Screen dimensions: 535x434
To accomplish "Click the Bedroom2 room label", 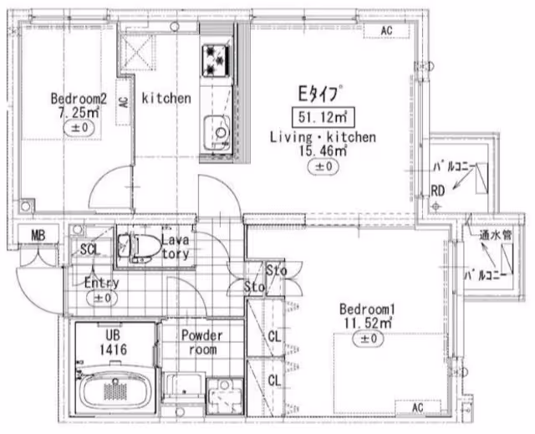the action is pos(79,99).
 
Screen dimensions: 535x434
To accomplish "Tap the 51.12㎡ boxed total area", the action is pos(323,118).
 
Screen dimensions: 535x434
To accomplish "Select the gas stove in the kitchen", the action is pos(216,60).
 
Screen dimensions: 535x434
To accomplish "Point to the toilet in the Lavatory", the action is pos(140,247).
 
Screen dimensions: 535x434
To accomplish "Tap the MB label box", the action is pos(38,235).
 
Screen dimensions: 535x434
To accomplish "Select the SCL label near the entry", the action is pos(89,250).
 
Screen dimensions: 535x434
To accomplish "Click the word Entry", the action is pos(102,283).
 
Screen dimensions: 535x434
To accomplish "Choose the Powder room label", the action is pos(202,342).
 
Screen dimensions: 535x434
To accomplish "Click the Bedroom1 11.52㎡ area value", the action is pos(368,323).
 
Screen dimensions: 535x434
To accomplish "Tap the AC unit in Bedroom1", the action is pos(418,407).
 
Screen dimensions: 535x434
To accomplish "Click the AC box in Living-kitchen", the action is pos(386,31).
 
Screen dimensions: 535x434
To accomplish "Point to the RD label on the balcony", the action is pos(438,191).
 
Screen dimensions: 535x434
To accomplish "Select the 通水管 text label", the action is pos(496,235).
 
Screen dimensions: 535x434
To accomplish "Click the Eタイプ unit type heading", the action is pos(319,94).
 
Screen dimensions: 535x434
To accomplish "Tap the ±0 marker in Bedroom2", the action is pos(79,128).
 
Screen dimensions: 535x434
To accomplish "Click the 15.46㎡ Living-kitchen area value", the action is pos(324,151).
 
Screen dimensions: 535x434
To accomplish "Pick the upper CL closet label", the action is pos(274,337).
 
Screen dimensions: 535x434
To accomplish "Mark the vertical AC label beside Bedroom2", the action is pos(125,101).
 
